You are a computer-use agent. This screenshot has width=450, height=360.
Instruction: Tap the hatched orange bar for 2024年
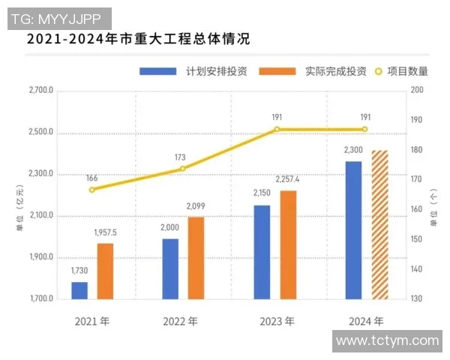tap(379, 225)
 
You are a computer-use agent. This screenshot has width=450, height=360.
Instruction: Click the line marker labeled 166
tap(91, 189)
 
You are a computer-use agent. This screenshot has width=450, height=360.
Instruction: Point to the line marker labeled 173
tap(181, 169)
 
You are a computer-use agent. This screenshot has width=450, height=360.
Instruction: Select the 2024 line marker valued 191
tap(365, 129)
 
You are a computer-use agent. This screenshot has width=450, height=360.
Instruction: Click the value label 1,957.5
tap(105, 233)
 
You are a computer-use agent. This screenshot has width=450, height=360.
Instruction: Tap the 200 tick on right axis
tap(418, 91)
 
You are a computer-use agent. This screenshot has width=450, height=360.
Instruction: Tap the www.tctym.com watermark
tap(387, 340)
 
